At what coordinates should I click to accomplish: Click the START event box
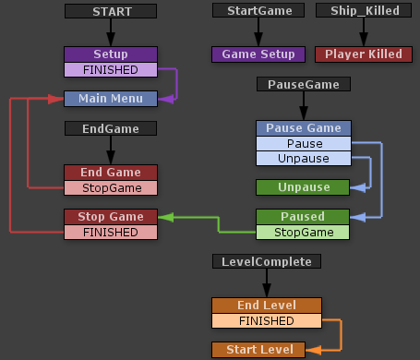(x=112, y=11)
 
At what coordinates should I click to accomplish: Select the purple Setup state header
(x=111, y=54)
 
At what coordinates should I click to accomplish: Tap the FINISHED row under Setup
(x=111, y=69)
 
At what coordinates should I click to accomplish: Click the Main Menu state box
(x=111, y=99)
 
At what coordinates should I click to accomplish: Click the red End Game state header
(x=111, y=173)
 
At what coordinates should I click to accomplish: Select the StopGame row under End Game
(x=111, y=187)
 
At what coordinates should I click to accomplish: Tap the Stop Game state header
(x=111, y=217)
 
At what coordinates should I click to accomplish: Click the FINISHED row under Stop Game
(x=111, y=232)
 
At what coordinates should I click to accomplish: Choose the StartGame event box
(x=258, y=11)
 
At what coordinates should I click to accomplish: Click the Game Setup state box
(x=258, y=54)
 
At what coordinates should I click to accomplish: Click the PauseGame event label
(x=304, y=85)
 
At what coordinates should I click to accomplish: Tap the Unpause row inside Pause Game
(x=304, y=158)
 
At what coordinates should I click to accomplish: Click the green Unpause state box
(x=304, y=187)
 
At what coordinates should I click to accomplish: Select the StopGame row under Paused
(x=304, y=232)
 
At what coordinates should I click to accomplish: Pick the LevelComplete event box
(x=267, y=262)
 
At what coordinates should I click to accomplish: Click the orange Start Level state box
(x=267, y=350)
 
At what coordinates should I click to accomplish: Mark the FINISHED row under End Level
(x=267, y=320)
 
